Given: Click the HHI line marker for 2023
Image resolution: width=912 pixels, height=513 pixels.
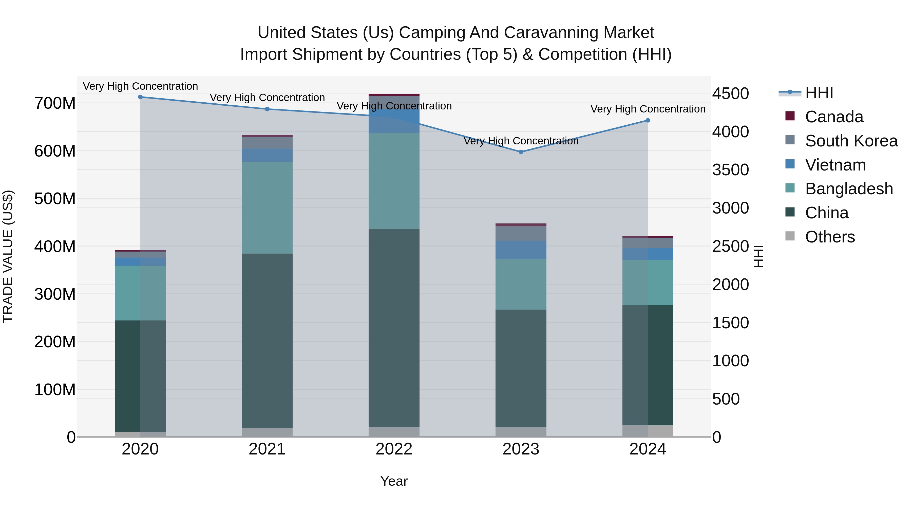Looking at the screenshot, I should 521,152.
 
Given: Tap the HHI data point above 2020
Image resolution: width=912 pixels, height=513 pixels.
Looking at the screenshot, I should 140,97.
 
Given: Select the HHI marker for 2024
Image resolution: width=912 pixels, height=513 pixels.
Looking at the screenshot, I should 648,120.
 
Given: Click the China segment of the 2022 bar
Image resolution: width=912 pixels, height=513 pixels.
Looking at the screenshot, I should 394,328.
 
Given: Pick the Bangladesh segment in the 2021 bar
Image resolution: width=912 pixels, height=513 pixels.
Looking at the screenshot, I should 267,208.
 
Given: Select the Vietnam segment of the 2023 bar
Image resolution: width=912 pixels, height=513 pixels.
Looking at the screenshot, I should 521,250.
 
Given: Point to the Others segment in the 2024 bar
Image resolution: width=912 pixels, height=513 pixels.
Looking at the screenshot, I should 648,431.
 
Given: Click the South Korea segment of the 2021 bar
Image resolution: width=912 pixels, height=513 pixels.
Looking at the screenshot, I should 267,143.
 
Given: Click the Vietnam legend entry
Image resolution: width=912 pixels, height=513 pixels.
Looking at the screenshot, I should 835,165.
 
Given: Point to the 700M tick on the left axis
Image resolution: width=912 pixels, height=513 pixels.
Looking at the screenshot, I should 55,103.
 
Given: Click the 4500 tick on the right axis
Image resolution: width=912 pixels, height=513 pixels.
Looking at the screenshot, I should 730,94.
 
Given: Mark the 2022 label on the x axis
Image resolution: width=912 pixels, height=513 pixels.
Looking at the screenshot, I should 394,449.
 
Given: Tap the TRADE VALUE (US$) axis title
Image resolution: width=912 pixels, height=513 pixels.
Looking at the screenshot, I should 8,256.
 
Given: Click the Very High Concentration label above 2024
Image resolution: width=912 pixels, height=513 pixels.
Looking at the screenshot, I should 648,109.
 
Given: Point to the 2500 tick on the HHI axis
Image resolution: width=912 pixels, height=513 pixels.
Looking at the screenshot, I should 730,246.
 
